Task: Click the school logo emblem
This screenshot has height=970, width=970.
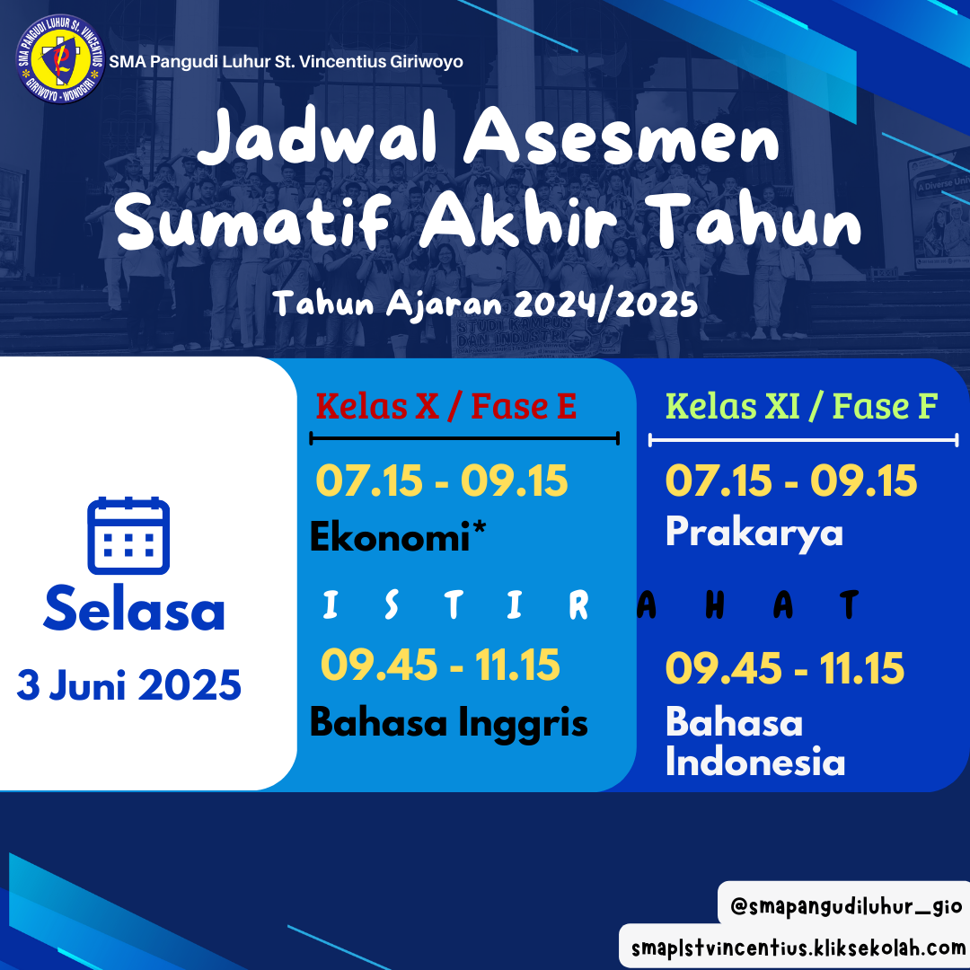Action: [x=60, y=58]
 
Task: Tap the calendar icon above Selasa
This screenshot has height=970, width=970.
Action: [x=128, y=535]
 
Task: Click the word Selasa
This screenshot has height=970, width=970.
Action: [x=134, y=608]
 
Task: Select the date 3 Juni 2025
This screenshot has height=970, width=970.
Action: [x=128, y=685]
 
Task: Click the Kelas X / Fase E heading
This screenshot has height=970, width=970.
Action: [x=446, y=406]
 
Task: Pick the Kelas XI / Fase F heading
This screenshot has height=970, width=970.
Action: [x=802, y=406]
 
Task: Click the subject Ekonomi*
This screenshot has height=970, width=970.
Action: [x=398, y=535]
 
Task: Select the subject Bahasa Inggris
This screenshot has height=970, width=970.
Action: [x=448, y=722]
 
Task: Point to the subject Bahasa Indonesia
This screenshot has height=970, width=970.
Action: [x=755, y=741]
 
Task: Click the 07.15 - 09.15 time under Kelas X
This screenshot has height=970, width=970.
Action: [x=442, y=481]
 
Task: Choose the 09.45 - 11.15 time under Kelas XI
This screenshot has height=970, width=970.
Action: [x=785, y=668]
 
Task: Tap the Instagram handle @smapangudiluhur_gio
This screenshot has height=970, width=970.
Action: [x=846, y=906]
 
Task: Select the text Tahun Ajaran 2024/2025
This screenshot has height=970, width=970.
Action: [x=486, y=304]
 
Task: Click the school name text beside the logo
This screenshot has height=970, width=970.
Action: [x=286, y=62]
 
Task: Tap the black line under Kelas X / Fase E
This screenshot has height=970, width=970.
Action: [x=464, y=438]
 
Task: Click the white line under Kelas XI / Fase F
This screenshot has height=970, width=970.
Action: [x=804, y=440]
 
